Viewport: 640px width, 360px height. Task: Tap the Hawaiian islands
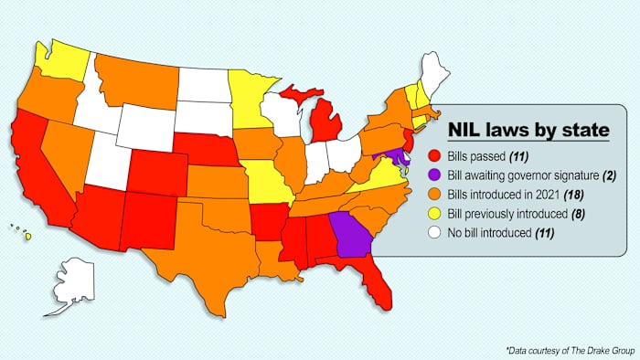(x=27, y=236)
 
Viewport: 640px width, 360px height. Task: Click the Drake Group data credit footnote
(x=566, y=350)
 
